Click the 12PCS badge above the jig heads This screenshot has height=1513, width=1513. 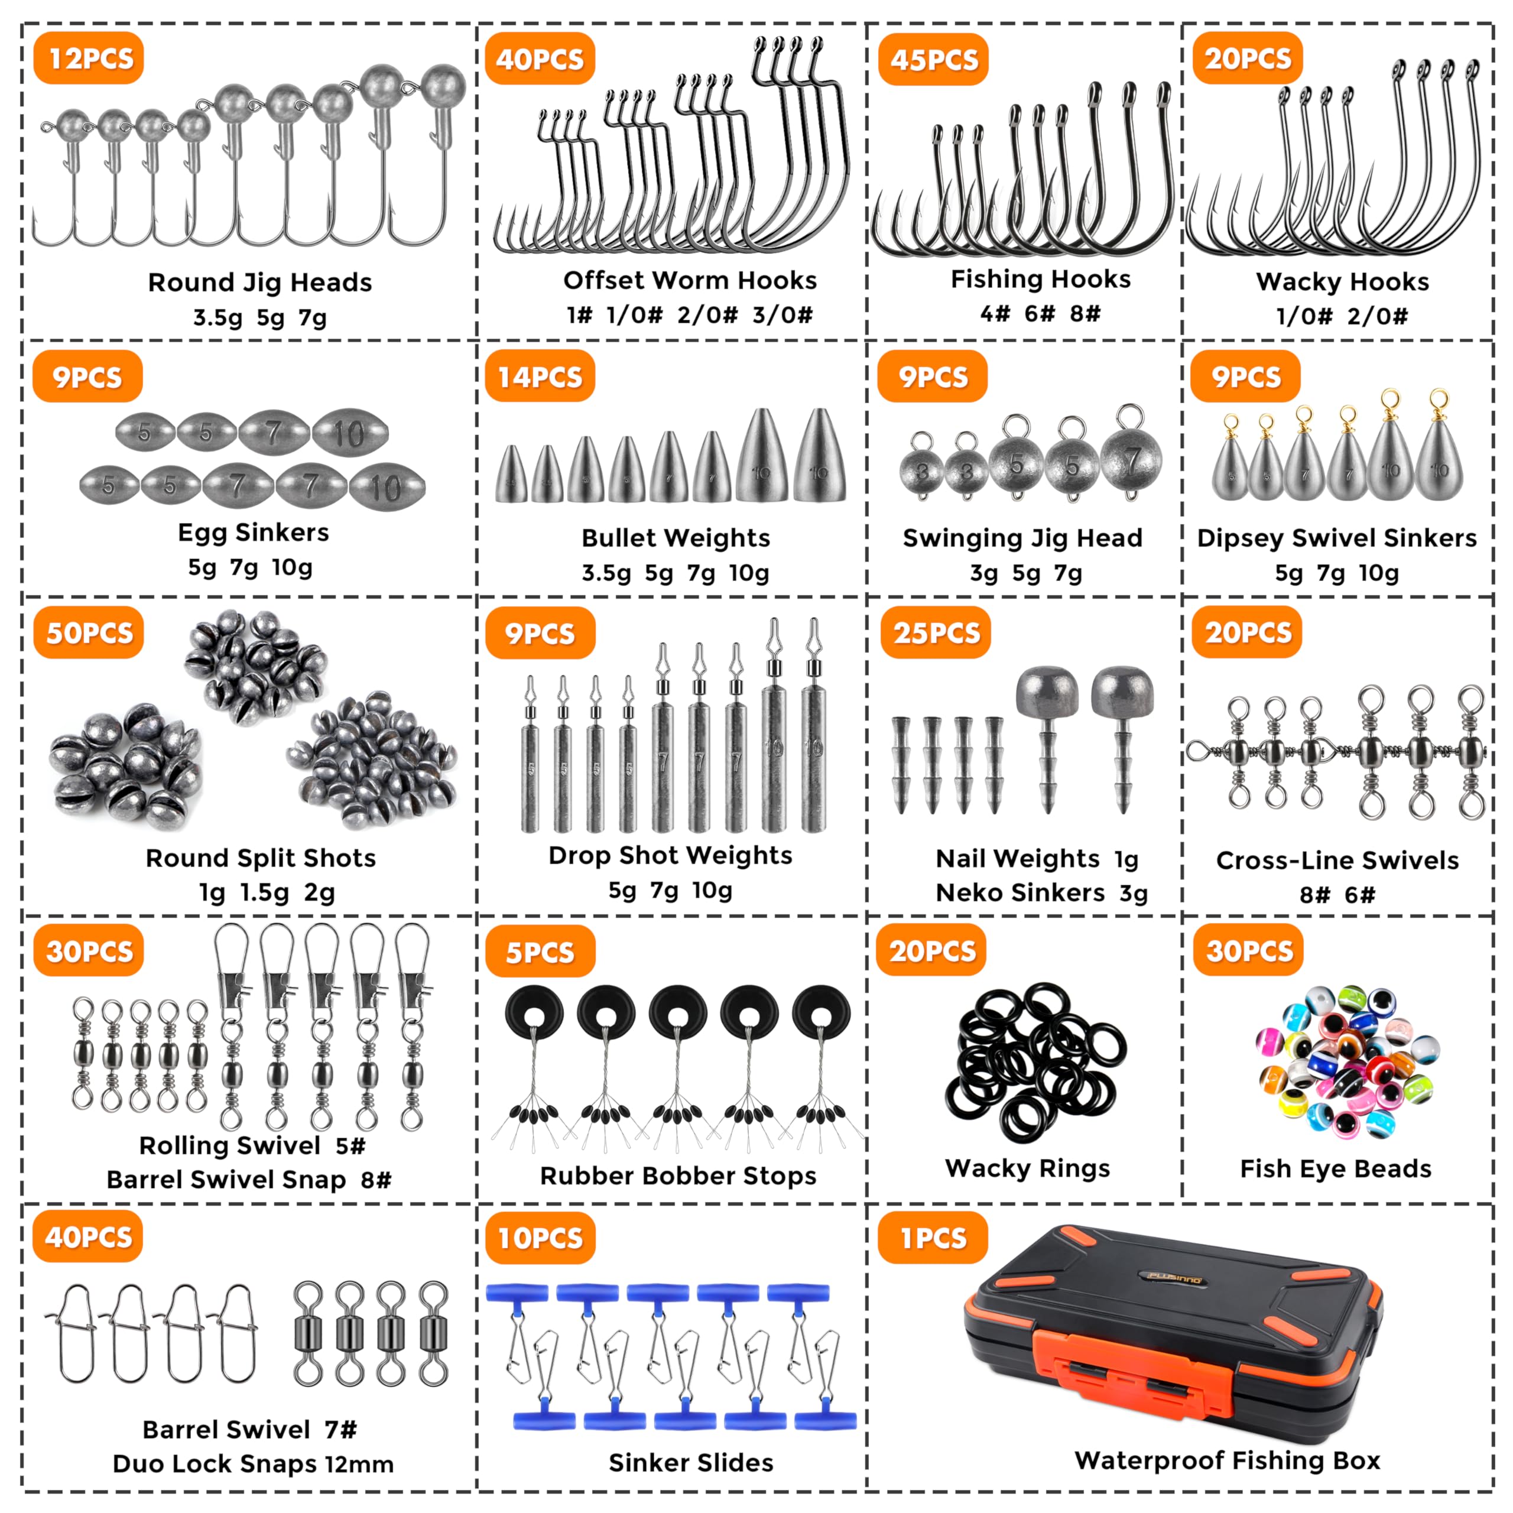click(x=89, y=58)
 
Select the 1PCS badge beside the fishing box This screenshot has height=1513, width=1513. click(x=933, y=1238)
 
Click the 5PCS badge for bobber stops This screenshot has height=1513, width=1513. click(x=540, y=952)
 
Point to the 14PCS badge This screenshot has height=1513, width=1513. click(x=540, y=376)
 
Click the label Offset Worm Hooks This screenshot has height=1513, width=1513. click(x=690, y=280)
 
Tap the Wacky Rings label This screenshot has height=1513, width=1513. click(x=1027, y=1169)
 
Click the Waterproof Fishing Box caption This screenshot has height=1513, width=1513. click(x=1227, y=1460)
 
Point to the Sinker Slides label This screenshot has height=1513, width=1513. click(x=691, y=1463)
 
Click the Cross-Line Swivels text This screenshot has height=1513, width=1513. click(x=1337, y=861)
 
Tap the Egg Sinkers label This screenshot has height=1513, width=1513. click(x=254, y=533)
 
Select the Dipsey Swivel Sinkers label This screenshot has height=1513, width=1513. click(x=1337, y=538)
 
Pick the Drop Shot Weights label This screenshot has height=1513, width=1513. click(x=670, y=856)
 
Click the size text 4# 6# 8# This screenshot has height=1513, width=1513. click(x=1041, y=314)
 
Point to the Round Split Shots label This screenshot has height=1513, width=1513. click(x=261, y=858)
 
